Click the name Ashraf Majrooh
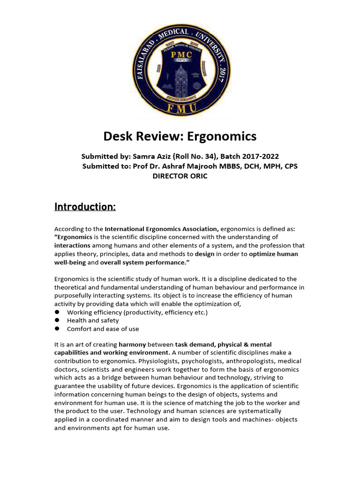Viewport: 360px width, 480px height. tap(197, 166)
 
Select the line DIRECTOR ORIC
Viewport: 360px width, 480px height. tap(180, 176)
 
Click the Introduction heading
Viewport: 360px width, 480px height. tap(85, 207)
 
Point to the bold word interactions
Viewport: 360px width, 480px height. tap(72, 246)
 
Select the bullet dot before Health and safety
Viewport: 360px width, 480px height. tap(57, 320)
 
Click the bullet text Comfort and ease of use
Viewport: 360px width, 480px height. tap(103, 329)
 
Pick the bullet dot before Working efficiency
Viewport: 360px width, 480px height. tap(57, 312)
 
